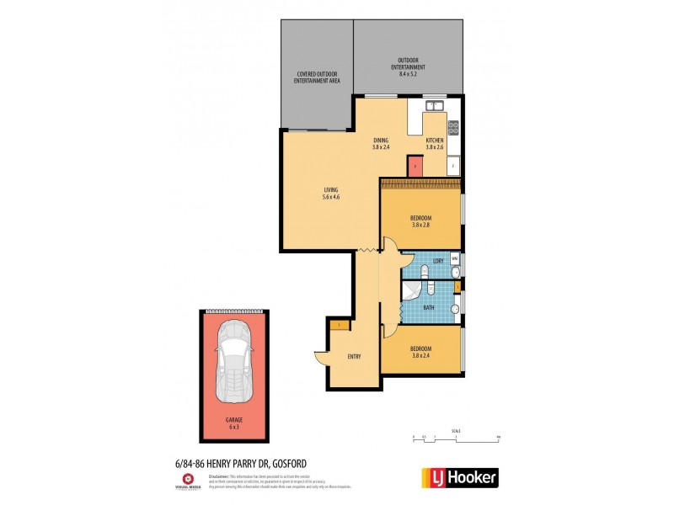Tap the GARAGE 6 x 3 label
(233, 424)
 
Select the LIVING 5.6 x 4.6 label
(330, 194)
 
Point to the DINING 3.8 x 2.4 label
(381, 144)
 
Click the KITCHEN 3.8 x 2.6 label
(435, 144)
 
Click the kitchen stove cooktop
(453, 128)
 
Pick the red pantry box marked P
(415, 166)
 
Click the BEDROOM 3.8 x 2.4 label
(420, 352)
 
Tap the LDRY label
(438, 262)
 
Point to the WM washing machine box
(455, 258)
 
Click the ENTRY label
(355, 357)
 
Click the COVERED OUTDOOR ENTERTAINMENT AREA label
(317, 77)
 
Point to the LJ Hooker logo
(458, 477)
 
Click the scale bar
(456, 437)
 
